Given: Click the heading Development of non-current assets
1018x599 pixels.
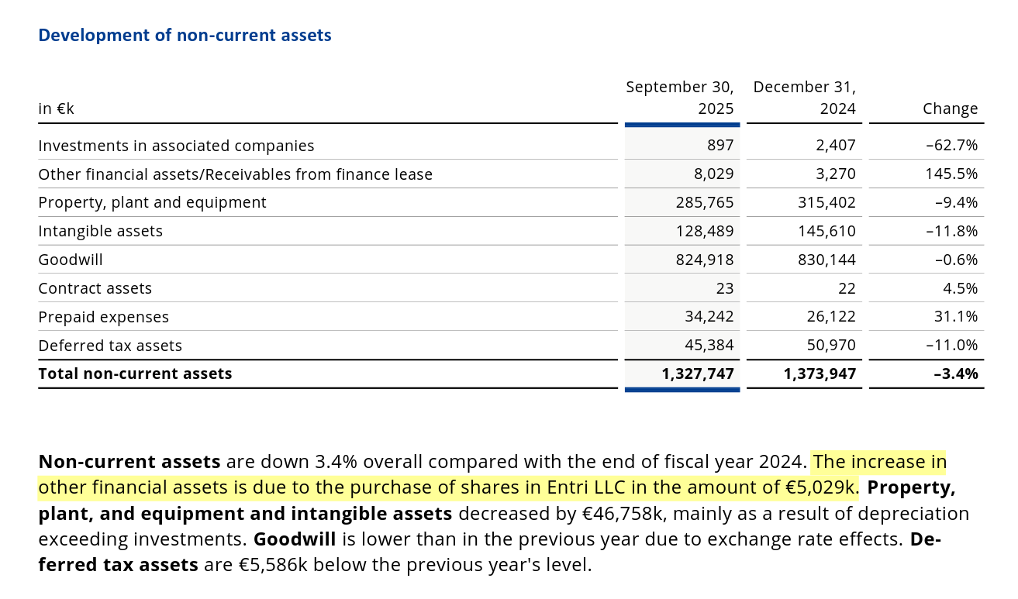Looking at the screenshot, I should [185, 36].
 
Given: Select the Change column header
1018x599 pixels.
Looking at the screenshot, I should [950, 108].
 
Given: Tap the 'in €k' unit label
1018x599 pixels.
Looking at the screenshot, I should [56, 108].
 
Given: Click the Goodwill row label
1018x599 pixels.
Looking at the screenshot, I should [71, 260].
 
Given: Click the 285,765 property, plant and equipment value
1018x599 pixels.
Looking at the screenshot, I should [704, 203].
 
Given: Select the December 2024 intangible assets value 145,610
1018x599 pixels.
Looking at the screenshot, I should [826, 231].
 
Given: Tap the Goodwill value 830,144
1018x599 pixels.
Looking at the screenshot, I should [826, 260].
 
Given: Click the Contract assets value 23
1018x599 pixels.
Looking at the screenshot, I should [724, 288].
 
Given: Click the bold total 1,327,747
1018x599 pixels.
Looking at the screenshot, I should [697, 374].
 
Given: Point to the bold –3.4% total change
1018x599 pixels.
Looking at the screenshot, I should [956, 374].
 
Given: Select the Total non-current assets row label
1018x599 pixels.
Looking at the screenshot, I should [135, 374].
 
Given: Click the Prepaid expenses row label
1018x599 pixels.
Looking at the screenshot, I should [103, 317].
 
